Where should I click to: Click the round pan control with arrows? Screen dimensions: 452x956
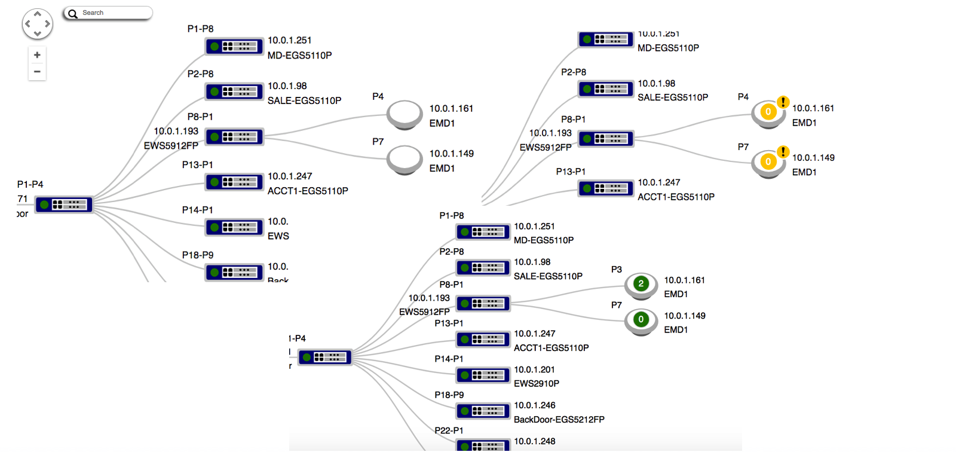coord(37,24)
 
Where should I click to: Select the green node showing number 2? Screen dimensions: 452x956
coord(641,284)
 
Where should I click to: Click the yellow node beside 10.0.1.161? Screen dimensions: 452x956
coord(768,112)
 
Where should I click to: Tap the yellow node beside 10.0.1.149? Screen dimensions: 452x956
coord(768,162)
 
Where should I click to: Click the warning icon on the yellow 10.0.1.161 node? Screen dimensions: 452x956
coord(783,102)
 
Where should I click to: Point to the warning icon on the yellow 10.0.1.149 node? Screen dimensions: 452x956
coord(783,152)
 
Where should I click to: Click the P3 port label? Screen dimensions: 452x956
coord(617,270)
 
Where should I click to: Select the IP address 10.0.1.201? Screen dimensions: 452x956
coord(534,369)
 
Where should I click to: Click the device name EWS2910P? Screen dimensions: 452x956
coord(537,383)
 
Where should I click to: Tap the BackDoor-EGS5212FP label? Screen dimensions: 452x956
coord(559,419)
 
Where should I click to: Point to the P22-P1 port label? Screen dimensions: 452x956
coord(449,430)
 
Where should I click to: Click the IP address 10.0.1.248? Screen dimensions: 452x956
coord(535,441)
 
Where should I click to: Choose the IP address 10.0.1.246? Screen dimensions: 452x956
coord(535,405)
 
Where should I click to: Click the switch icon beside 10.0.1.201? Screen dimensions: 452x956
coord(483,375)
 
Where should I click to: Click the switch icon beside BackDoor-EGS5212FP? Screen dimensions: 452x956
coord(483,411)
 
